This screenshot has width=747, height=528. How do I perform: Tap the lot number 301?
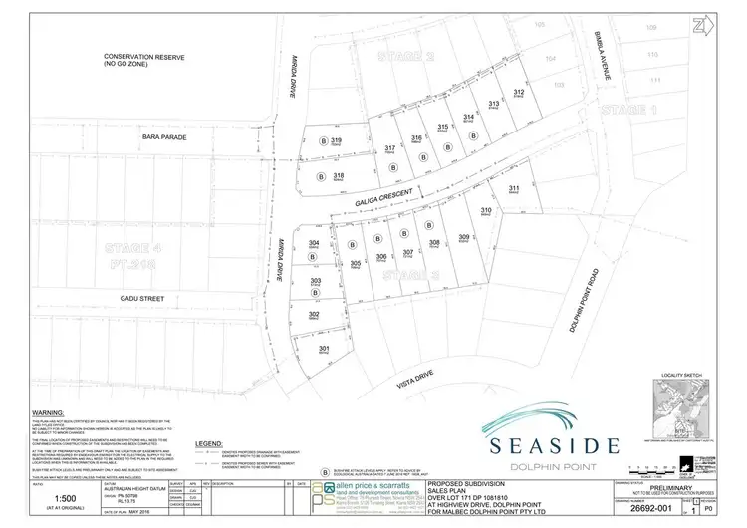point(323,349)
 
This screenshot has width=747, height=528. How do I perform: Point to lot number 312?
point(518,92)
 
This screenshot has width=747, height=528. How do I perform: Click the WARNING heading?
point(49,410)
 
